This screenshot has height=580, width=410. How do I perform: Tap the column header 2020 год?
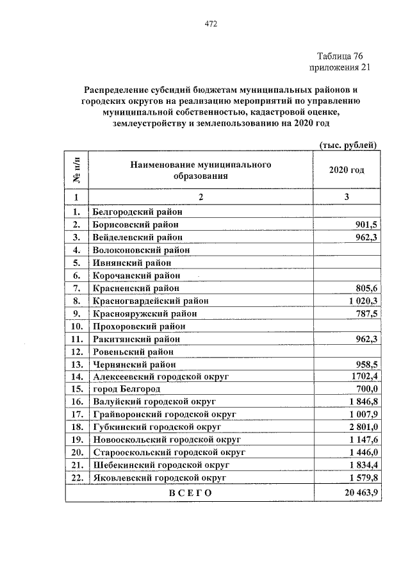tap(347, 170)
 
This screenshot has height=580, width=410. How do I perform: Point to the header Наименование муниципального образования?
tap(201, 170)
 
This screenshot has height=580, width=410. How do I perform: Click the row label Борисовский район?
tap(135, 224)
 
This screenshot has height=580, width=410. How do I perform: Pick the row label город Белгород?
tap(126, 388)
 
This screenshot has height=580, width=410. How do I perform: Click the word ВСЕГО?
tap(190, 493)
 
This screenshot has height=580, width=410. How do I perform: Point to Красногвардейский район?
tap(151, 301)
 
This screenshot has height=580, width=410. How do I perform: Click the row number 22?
tap(76, 477)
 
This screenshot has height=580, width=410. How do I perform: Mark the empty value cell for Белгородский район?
tap(347, 211)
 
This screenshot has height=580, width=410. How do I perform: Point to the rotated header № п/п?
tap(76, 170)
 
